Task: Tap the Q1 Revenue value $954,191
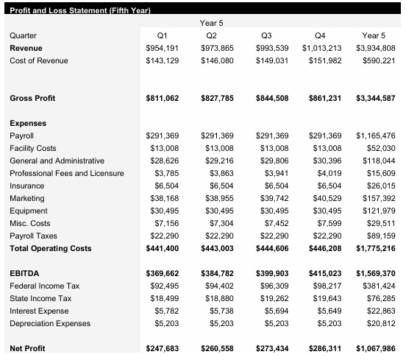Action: coord(163,47)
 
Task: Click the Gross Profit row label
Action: coord(32,98)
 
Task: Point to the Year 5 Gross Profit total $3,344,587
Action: coord(375,98)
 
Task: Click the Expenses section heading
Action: coord(28,124)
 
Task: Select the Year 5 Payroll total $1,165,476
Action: coord(375,136)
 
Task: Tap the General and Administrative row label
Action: coord(57,160)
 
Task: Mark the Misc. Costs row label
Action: coord(30,223)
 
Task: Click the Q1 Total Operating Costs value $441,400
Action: coord(163,248)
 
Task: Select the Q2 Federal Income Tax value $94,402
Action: coord(218,286)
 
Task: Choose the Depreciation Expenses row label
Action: coord(50,323)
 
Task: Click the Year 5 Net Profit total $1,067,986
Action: coord(375,348)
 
